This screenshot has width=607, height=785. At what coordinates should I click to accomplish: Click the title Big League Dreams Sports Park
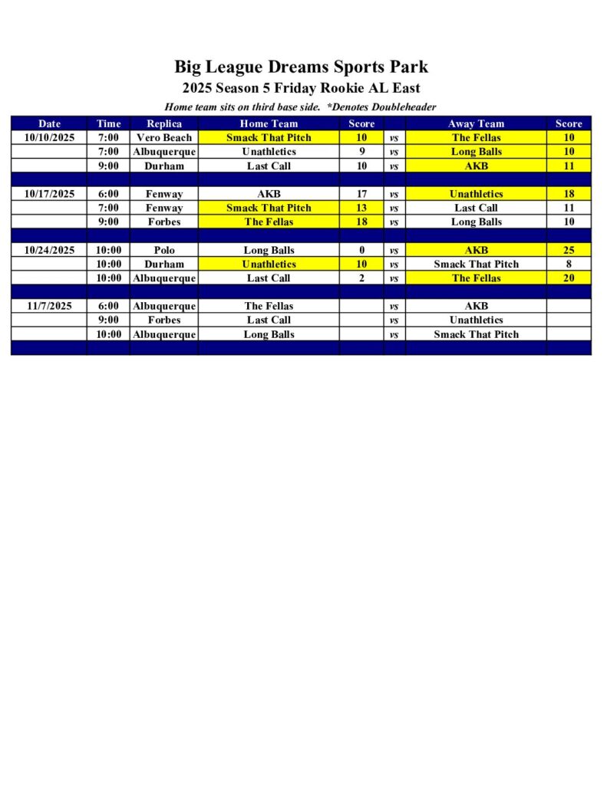(x=301, y=67)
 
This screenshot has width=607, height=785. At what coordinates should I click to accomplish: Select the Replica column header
(x=164, y=123)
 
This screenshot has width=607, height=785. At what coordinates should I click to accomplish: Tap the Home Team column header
(x=269, y=123)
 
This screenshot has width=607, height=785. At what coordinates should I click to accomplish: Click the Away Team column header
(x=476, y=123)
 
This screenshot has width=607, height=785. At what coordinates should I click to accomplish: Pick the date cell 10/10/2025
(x=49, y=138)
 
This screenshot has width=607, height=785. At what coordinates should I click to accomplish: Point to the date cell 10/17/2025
(x=49, y=194)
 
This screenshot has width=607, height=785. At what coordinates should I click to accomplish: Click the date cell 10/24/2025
(x=49, y=250)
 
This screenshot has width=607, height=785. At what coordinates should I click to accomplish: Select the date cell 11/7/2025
(x=49, y=306)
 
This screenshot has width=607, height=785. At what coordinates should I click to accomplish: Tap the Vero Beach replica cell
(x=164, y=138)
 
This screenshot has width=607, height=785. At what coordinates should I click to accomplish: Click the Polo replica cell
(x=164, y=250)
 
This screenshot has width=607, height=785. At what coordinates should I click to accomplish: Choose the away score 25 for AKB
(x=569, y=250)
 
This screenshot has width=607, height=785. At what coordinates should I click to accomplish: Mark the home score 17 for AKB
(x=361, y=194)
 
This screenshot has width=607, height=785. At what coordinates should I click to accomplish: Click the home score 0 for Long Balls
(x=361, y=250)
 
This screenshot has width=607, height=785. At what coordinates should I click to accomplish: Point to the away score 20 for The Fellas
(x=569, y=278)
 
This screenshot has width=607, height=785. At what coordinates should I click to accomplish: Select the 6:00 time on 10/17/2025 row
(x=108, y=194)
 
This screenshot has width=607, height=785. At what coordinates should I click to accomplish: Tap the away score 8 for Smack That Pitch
(x=569, y=264)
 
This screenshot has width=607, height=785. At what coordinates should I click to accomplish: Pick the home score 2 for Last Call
(x=361, y=278)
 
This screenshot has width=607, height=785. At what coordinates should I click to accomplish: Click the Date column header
(x=49, y=123)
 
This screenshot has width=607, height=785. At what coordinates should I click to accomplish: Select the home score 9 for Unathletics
(x=361, y=152)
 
